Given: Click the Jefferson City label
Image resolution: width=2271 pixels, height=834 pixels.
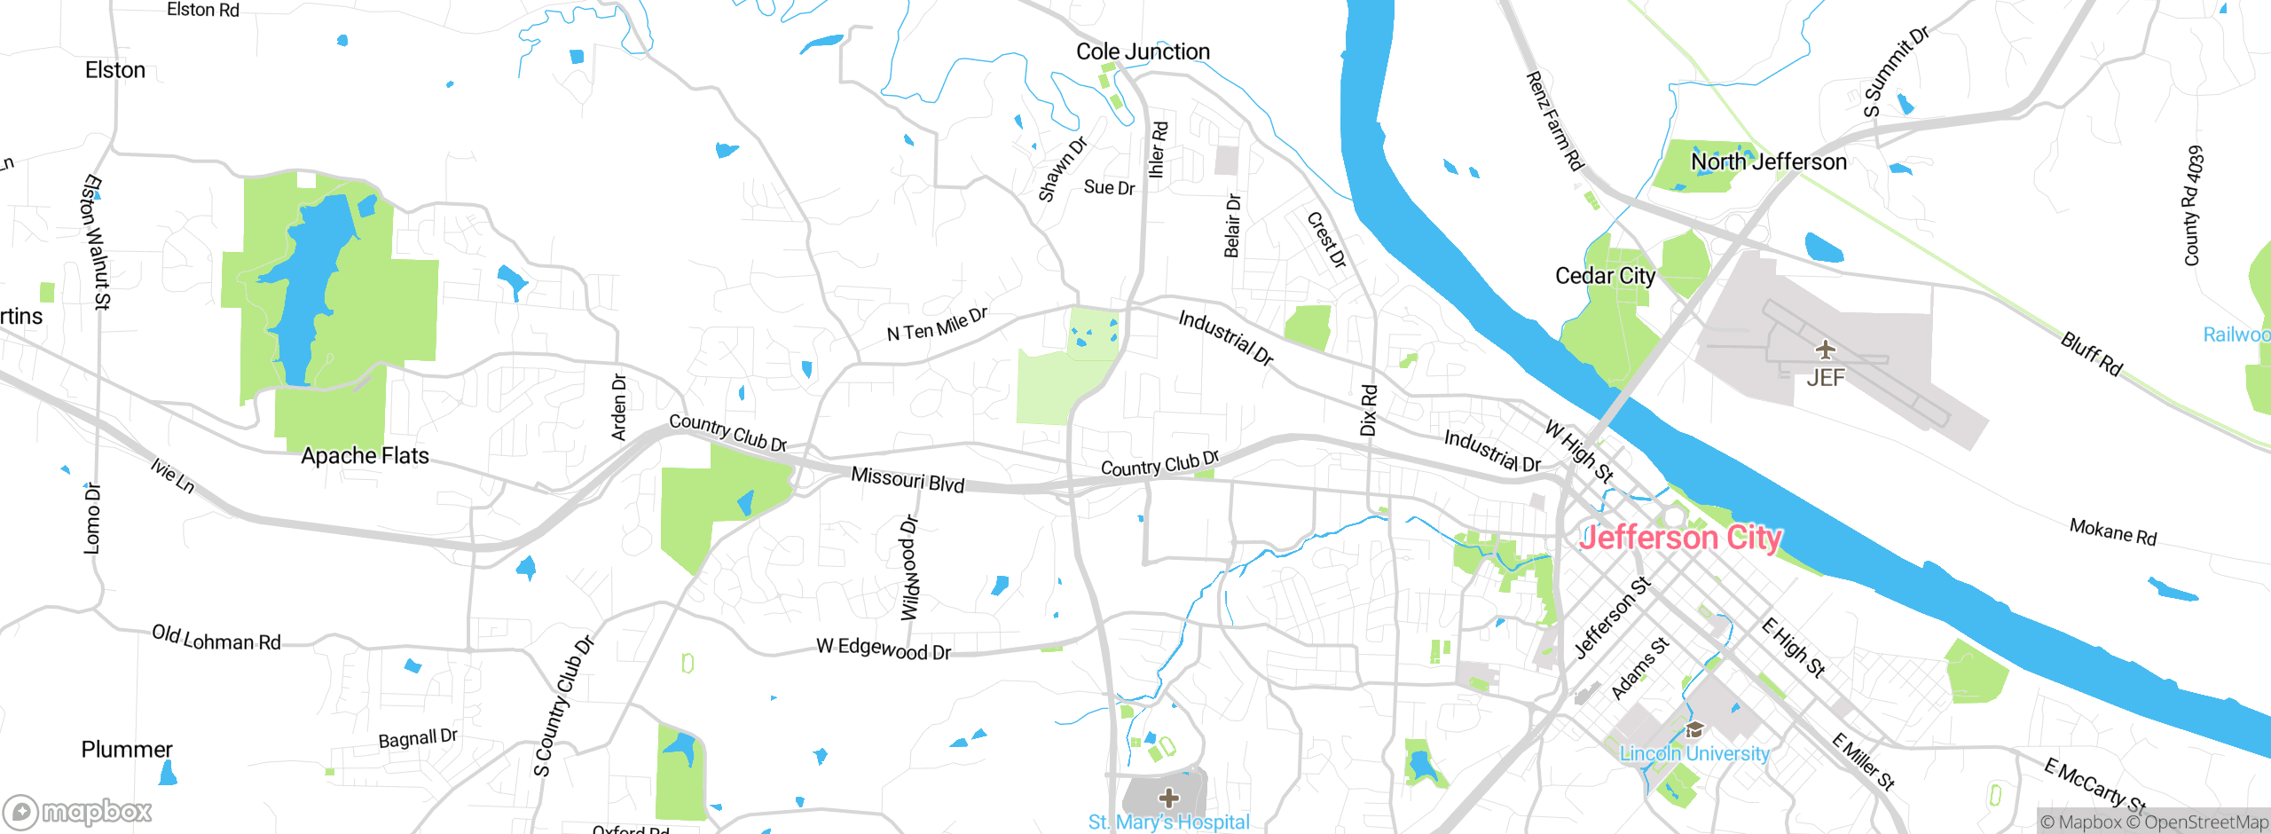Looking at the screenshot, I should tap(1681, 538).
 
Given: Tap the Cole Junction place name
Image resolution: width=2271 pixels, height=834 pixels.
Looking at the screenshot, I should tap(1143, 51).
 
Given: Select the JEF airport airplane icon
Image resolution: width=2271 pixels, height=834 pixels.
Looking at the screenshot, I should tap(1825, 349).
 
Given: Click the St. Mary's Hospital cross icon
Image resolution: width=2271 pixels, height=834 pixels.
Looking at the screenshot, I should tap(1169, 798).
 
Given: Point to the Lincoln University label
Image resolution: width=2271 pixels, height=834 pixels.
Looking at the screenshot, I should tap(1694, 753).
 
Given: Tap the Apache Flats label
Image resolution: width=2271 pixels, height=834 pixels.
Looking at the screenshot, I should tap(365, 456).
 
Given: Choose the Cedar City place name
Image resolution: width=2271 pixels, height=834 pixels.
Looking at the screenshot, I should tap(1605, 276).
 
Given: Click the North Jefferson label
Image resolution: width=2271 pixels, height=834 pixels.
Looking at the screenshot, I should tap(1768, 161).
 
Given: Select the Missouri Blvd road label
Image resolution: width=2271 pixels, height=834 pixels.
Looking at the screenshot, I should tap(908, 479).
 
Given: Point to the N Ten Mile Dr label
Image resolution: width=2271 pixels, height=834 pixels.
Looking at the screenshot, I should tap(937, 325).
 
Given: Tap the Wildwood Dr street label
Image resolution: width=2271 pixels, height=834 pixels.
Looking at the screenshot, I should tap(910, 568).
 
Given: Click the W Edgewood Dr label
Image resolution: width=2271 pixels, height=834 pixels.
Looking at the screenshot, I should tap(884, 649).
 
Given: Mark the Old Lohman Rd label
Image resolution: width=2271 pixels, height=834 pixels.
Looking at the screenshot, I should tap(216, 638).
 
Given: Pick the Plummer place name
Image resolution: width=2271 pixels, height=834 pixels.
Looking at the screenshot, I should tap(127, 750).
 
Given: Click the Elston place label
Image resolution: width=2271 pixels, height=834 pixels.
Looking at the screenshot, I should tap(115, 70).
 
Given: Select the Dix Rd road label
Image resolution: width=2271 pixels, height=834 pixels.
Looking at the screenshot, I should tap(1369, 410).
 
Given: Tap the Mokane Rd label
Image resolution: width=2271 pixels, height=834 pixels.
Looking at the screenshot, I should tap(2112, 532).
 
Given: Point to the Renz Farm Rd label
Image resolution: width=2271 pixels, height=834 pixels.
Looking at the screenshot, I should tap(1554, 121).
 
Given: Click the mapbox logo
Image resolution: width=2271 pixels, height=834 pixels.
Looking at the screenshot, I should tap(78, 811).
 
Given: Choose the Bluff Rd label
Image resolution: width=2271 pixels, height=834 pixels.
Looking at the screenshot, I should tap(2091, 353).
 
